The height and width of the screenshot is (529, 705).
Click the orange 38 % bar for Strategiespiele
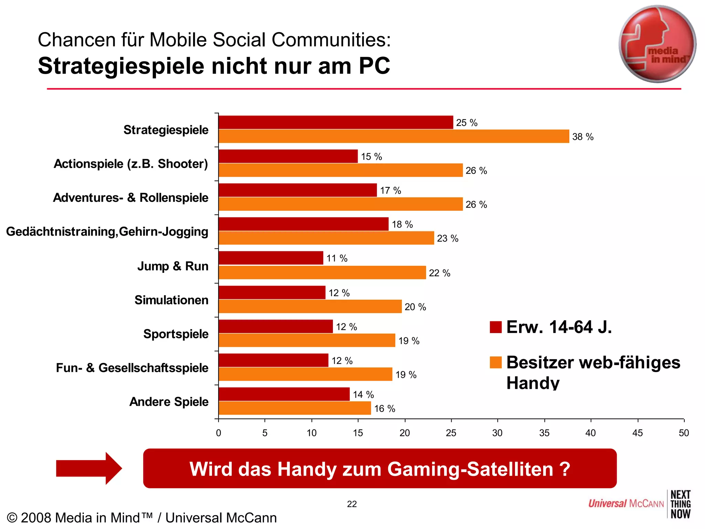pos(393,136)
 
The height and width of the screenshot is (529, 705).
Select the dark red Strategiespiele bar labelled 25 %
pos(336,122)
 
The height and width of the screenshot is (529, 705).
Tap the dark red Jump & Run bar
pos(271,258)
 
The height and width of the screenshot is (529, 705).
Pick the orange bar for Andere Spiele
pos(295,408)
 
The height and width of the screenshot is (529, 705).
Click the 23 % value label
pos(448,238)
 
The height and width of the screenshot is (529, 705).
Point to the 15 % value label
pos(371,157)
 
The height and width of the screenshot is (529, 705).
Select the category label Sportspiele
pos(176,334)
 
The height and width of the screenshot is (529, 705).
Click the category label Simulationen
pos(171,300)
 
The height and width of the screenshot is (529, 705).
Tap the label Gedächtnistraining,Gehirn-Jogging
pos(107,231)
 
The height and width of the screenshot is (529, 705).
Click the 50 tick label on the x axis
pos(683,433)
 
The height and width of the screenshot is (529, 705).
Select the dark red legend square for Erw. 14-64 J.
pos(495,327)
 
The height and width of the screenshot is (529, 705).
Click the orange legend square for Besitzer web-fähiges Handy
pos(495,362)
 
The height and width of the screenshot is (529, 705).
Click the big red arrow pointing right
pos(89,468)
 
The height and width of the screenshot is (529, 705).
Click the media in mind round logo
pos(657,44)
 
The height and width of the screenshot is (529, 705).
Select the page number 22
pos(352,504)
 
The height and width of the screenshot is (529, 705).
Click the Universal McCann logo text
pos(625,504)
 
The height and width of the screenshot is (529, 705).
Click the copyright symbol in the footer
pos(12,518)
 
